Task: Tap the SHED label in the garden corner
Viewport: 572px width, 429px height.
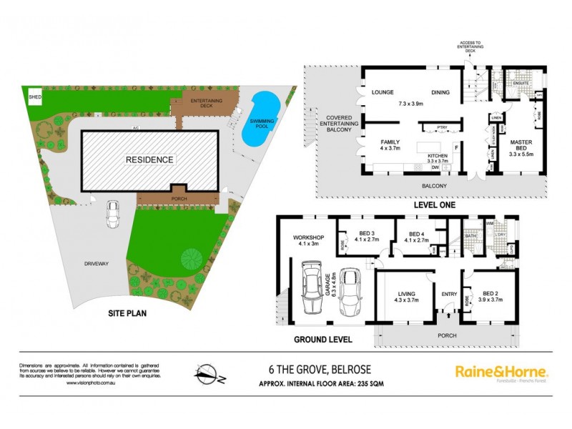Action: coord(34,96)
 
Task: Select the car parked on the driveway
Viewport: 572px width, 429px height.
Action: coord(114,214)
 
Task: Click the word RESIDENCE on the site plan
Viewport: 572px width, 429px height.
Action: coord(150,159)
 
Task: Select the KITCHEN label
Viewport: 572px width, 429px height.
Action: coord(438,155)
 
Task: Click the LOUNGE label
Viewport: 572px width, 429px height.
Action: coord(384,92)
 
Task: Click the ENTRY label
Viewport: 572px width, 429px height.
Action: coord(449,293)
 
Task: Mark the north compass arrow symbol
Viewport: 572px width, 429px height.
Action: coord(208,373)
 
